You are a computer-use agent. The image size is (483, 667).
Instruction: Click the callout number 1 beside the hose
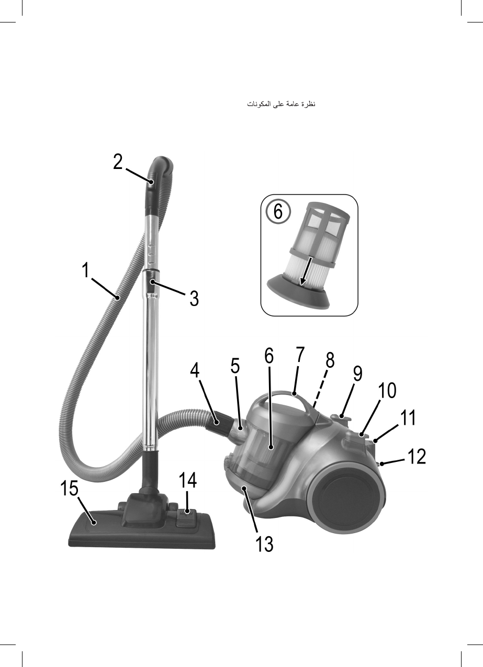coord(86,270)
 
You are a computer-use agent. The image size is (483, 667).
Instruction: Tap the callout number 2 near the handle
coord(118,162)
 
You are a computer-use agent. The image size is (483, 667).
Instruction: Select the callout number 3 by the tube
coord(194,298)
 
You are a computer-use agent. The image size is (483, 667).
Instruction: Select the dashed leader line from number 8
coord(320,388)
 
